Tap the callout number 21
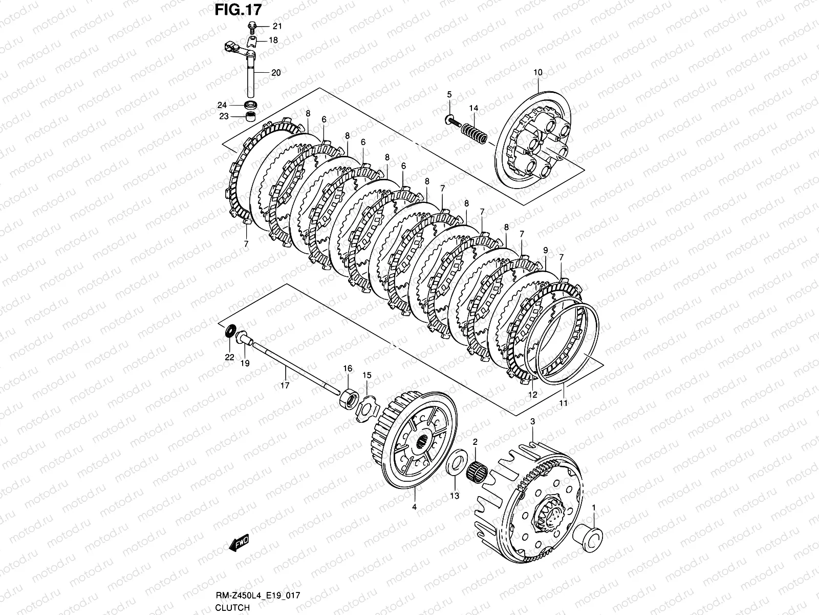pos(276,26)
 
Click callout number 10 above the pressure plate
pos(537,73)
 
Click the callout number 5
pos(449,94)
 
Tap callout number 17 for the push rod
pos(285,385)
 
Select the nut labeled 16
pos(348,398)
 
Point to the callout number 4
pos(414,507)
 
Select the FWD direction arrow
pos(239,543)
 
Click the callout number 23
pos(224,116)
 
